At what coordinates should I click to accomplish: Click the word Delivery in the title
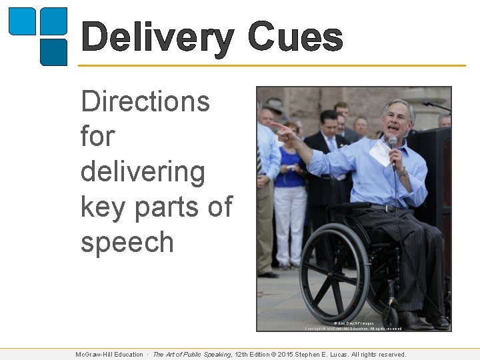[157, 38]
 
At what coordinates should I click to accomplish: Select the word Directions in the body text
[145, 102]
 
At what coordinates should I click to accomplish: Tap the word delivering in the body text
[143, 172]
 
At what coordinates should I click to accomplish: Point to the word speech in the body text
[127, 242]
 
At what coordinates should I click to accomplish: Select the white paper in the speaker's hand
[378, 153]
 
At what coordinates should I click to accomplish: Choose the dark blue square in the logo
[54, 52]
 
